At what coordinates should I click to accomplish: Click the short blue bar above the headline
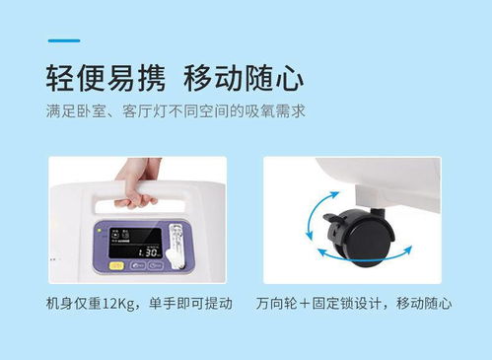pos(64,40)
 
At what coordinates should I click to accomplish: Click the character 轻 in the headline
pos(60,78)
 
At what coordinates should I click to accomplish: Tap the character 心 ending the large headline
pos(289,78)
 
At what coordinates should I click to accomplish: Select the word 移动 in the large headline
pos(214,78)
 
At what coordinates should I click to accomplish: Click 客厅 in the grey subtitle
pos(137,111)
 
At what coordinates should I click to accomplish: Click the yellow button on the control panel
pos(116,265)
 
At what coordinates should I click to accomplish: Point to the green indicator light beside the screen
pos(99,230)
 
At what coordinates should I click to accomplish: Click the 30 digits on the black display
pos(152,252)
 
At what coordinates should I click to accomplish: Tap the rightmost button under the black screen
pos(156,265)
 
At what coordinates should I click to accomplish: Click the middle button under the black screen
pos(138,265)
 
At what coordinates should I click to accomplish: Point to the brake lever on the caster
pos(332,217)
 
